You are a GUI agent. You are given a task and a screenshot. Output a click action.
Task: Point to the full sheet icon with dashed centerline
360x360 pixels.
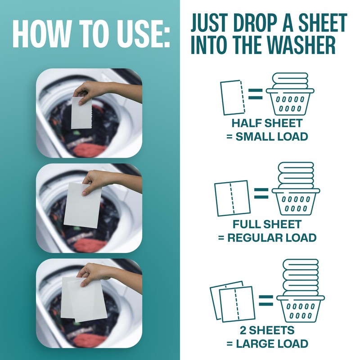coord(232,198)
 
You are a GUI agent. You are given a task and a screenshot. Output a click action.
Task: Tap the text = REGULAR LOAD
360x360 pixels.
coord(267,238)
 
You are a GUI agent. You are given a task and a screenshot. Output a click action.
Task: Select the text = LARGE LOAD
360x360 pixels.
coord(267,344)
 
